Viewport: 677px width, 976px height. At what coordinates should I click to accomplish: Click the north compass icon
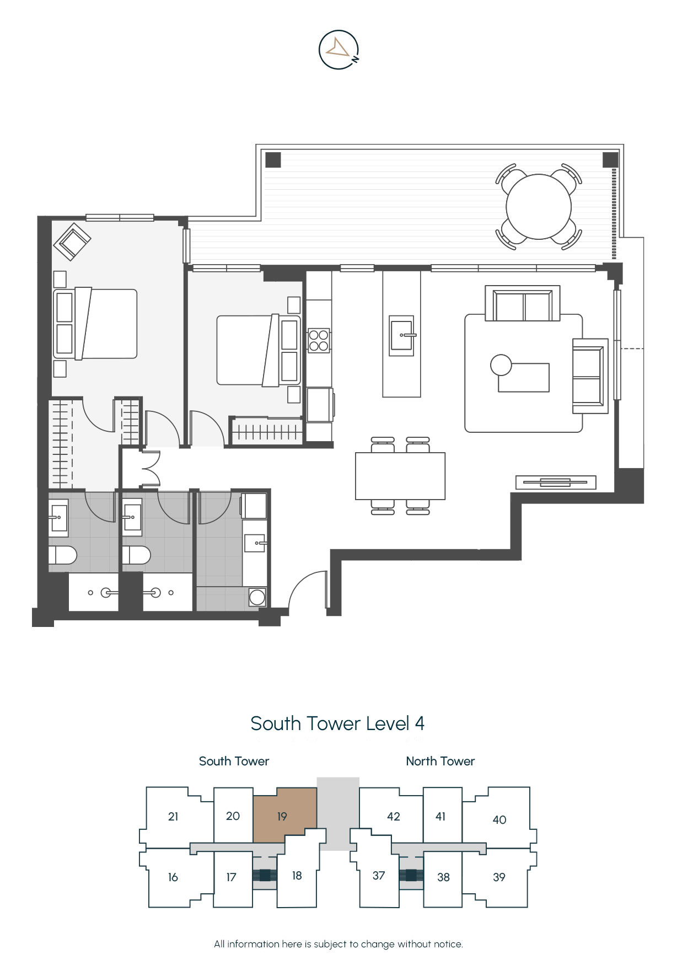339,50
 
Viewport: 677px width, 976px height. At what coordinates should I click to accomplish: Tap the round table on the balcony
539,207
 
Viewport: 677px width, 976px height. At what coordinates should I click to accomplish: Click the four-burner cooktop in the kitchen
319,340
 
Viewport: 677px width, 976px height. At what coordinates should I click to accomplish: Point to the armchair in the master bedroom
72,241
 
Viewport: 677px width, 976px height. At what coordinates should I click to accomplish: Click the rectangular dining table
400,476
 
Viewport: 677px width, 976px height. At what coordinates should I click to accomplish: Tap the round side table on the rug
501,364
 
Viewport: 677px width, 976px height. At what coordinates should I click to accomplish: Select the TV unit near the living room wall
556,482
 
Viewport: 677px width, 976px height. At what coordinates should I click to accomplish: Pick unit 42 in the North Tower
393,816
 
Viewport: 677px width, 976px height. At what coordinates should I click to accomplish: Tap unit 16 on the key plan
173,877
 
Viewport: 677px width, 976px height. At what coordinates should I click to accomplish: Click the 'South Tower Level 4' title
337,723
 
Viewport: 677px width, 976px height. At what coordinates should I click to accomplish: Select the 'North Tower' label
440,761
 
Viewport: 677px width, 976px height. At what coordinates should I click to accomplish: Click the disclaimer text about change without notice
338,944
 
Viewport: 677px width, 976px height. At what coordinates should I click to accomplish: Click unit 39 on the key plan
499,877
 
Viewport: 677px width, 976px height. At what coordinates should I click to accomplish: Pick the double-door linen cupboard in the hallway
149,469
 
